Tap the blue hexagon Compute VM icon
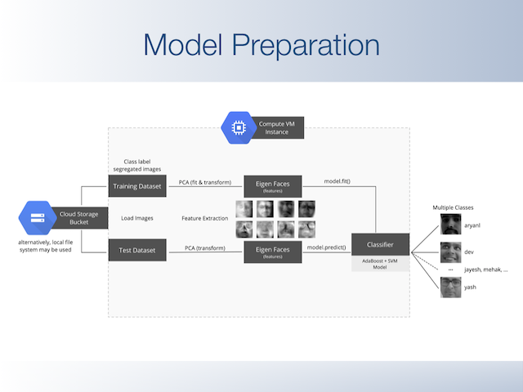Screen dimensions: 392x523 [238, 127]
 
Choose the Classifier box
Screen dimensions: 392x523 [381, 244]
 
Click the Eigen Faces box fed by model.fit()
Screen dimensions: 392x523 [273, 186]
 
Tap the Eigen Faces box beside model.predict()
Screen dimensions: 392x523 [273, 250]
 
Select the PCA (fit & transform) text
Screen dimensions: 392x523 [205, 182]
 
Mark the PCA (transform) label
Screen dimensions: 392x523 [205, 246]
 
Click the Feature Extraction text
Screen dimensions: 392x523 [205, 218]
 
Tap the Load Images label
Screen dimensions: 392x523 [138, 218]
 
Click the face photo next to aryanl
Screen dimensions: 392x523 [450, 224]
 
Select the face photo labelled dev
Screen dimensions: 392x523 [450, 252]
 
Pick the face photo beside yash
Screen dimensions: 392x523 [450, 287]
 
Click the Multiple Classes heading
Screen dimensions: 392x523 [453, 207]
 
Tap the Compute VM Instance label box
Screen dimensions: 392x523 [277, 127]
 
